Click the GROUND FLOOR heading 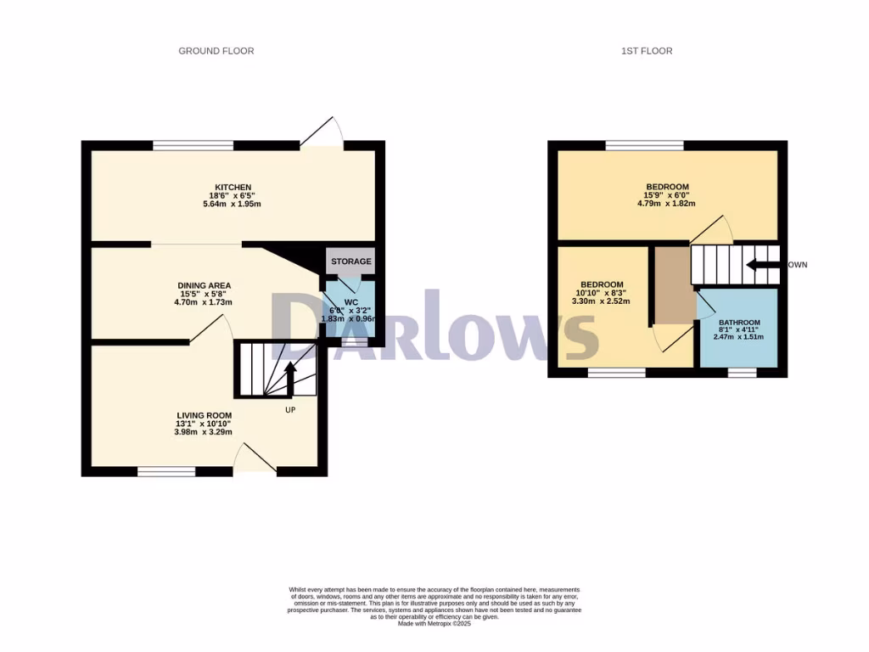[216, 51]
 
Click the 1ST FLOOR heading [646, 51]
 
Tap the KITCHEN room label [233, 187]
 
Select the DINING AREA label [204, 285]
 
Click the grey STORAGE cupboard [350, 261]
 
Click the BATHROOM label [739, 323]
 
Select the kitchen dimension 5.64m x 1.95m [233, 204]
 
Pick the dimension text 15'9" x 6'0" [667, 195]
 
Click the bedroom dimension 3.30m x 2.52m [602, 301]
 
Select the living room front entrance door [255, 458]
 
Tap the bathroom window [743, 372]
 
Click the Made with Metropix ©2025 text [434, 624]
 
